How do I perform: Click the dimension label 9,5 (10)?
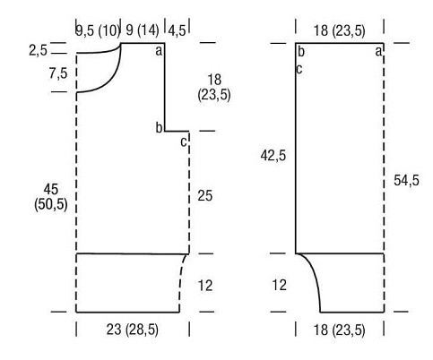(x=98, y=30)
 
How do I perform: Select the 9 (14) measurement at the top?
(x=143, y=30)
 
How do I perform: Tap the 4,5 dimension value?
(x=177, y=30)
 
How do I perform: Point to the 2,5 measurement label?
(x=38, y=50)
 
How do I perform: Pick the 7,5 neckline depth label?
(x=58, y=73)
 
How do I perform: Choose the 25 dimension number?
(x=204, y=196)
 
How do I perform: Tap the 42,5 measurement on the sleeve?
(x=273, y=156)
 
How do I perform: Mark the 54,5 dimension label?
(x=406, y=180)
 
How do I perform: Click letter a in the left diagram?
(x=159, y=51)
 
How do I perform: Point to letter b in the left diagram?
(x=159, y=127)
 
